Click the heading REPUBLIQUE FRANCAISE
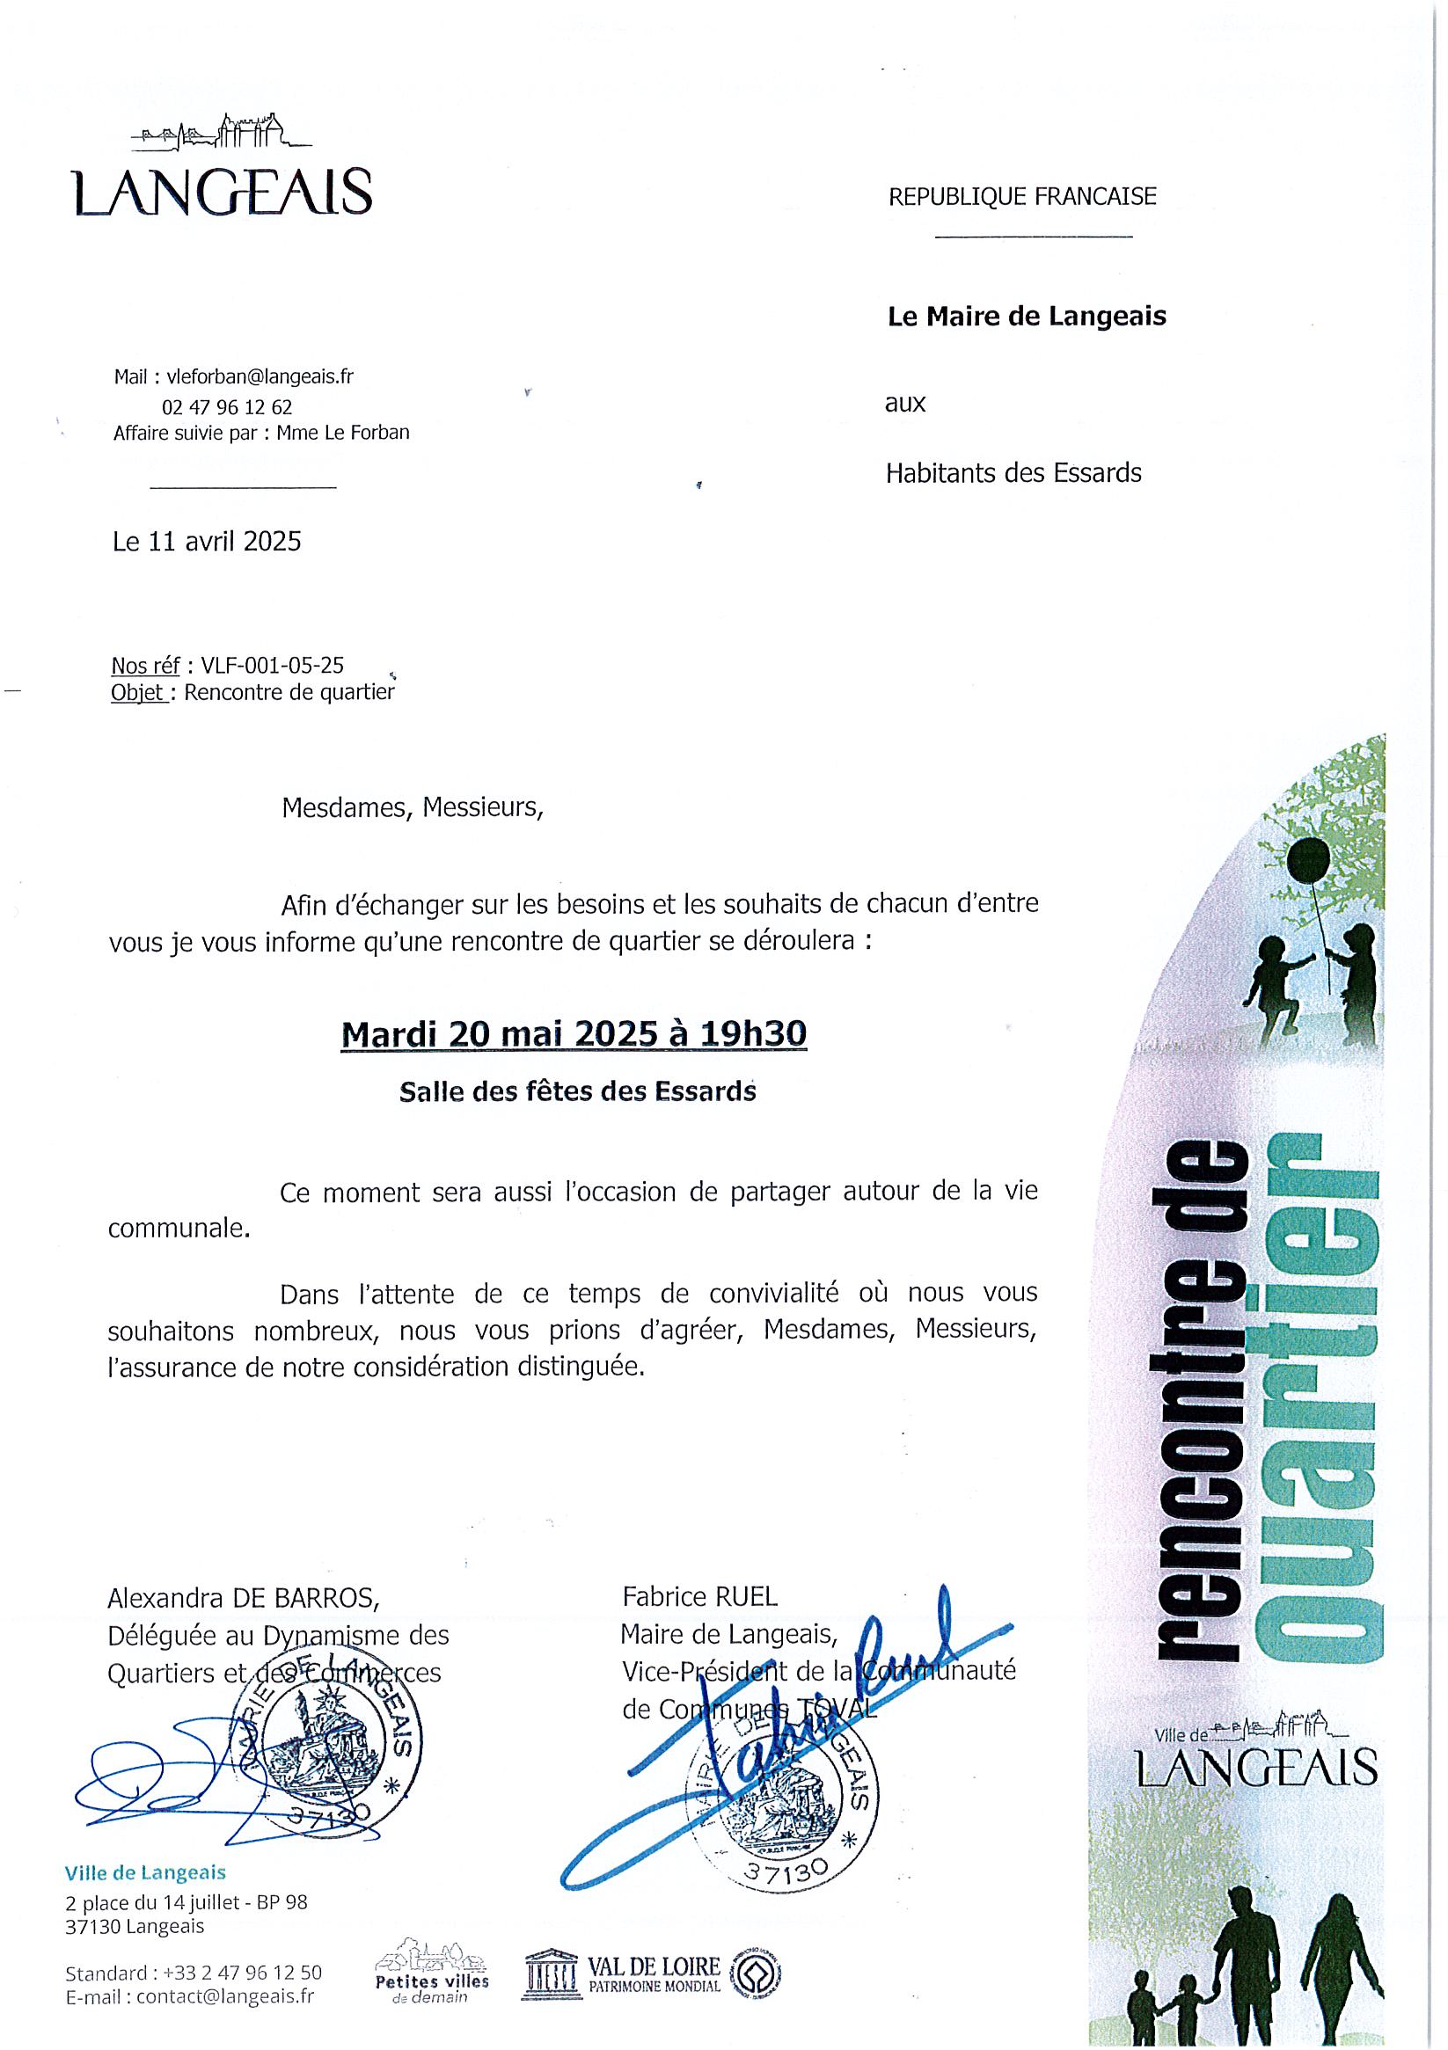point(1022,196)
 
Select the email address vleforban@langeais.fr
point(260,376)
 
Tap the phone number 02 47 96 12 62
point(227,407)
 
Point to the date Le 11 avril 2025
point(207,542)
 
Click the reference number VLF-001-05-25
point(273,665)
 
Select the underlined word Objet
point(136,693)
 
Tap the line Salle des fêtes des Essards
point(577,1092)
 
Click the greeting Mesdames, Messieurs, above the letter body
point(412,808)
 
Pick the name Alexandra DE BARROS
point(243,1598)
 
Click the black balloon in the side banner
point(1310,864)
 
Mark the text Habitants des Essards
point(1013,473)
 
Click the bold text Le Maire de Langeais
point(1027,317)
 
